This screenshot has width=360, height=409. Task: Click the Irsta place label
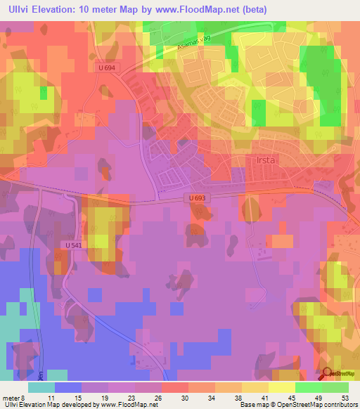tap(264, 160)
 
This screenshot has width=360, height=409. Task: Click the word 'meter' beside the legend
tap(12, 397)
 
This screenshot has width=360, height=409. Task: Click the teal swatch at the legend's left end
tap(41, 387)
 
